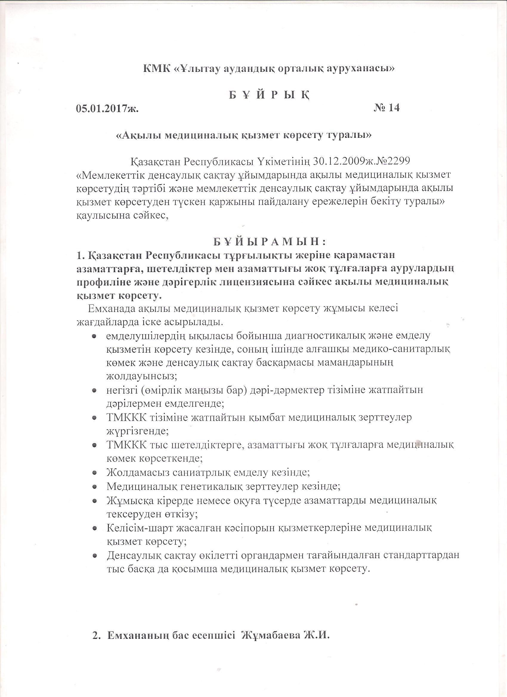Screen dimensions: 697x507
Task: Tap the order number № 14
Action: click(387, 108)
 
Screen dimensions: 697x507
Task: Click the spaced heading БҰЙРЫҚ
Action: click(269, 95)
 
